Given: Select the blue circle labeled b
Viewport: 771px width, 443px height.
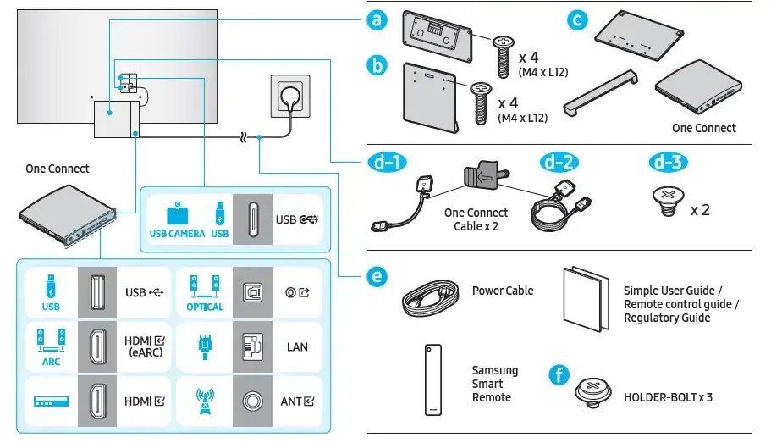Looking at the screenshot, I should point(378,65).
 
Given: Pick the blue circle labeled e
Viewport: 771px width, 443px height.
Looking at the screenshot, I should point(378,277).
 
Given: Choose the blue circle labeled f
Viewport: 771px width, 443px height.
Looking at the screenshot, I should point(558,375).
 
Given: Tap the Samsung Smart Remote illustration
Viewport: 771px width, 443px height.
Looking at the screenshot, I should point(433,379).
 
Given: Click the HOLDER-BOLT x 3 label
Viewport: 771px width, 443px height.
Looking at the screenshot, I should point(668,396).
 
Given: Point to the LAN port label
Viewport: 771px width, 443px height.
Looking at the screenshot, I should point(297,346).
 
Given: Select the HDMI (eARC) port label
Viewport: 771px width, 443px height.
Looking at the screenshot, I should point(143,346).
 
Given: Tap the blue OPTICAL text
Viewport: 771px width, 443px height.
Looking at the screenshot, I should point(205,307).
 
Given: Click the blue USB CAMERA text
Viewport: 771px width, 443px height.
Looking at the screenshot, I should point(177,234).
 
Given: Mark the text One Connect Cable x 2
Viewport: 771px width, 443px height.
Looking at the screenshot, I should point(476,219).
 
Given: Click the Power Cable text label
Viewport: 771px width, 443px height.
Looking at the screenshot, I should point(503,291).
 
